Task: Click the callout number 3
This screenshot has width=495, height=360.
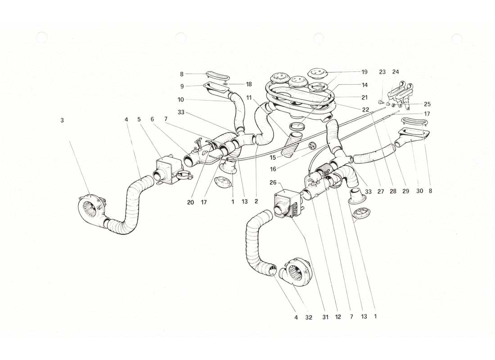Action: tap(62, 120)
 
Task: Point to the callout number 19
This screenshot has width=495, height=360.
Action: tap(364, 72)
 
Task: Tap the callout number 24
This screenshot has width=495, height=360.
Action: tap(396, 72)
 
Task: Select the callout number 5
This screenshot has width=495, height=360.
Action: tap(139, 120)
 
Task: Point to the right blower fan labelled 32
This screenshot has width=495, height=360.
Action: tap(295, 270)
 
